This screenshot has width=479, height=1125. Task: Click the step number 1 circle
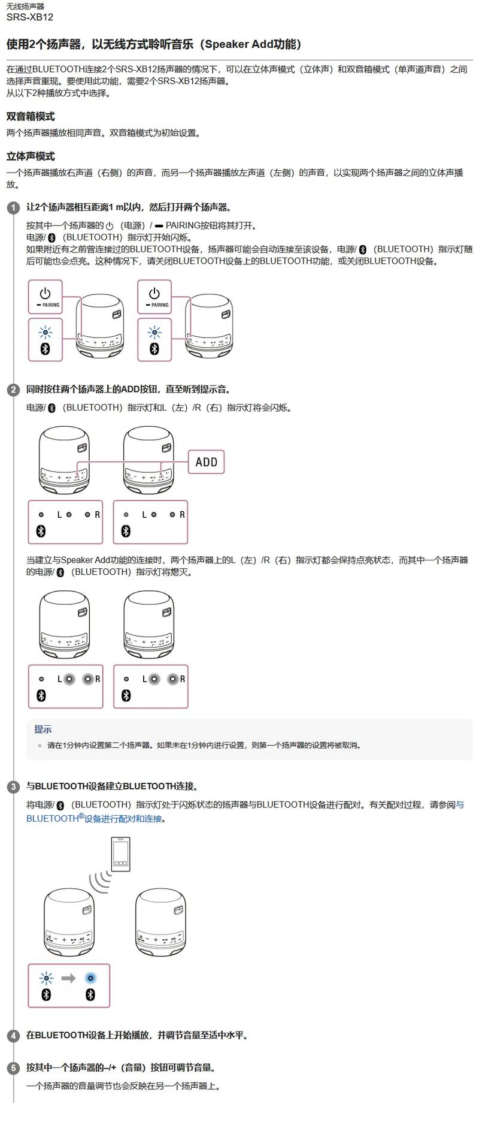[13, 208]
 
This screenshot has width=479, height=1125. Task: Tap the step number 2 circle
[13, 390]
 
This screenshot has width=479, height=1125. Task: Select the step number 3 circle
[13, 787]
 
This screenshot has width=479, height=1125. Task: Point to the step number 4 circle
[13, 1036]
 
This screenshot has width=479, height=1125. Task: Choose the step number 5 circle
[13, 1068]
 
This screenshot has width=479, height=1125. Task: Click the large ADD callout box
[207, 462]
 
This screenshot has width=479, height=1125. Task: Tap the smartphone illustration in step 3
[120, 853]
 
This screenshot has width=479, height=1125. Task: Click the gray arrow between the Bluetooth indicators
[68, 979]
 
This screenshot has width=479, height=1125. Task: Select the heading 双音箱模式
[31, 116]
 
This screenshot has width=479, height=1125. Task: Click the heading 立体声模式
[31, 156]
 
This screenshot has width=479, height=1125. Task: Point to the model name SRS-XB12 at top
[29, 17]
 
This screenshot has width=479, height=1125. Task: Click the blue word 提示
[43, 729]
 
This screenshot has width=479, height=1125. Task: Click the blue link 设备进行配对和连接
[123, 819]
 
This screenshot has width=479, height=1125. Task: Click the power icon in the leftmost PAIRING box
[45, 293]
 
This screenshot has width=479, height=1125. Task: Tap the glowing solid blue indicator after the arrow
[90, 978]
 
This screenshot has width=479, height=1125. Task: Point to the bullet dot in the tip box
[40, 746]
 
